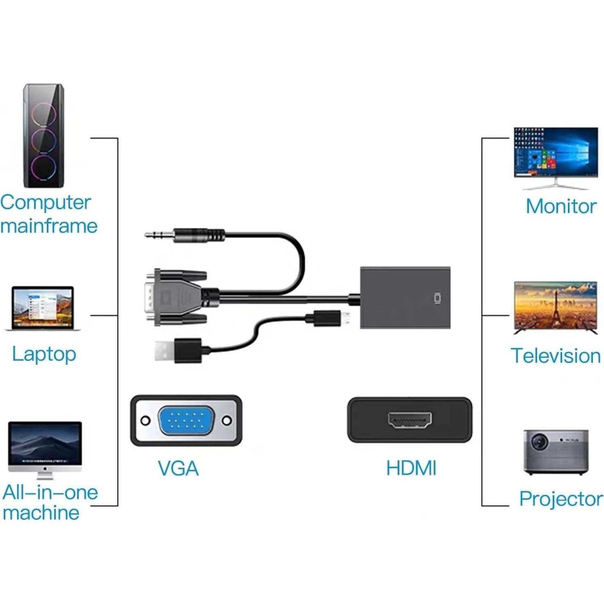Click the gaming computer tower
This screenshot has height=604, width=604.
[x=43, y=136]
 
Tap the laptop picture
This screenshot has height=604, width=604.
[x=43, y=308]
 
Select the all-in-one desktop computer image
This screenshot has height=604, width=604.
[x=45, y=449]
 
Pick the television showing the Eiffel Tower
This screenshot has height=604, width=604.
[x=556, y=307]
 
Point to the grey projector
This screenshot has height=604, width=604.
[x=556, y=452]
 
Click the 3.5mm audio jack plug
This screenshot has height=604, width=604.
[x=185, y=236]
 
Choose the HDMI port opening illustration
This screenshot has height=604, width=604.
[x=410, y=420]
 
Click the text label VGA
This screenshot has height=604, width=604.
[x=178, y=469]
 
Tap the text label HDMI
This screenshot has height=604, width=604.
[x=411, y=468]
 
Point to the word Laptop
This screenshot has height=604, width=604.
[x=44, y=354]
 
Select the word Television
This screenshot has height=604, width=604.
[x=556, y=356]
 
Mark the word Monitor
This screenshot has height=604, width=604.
[x=561, y=206]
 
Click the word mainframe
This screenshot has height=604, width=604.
[x=49, y=226]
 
